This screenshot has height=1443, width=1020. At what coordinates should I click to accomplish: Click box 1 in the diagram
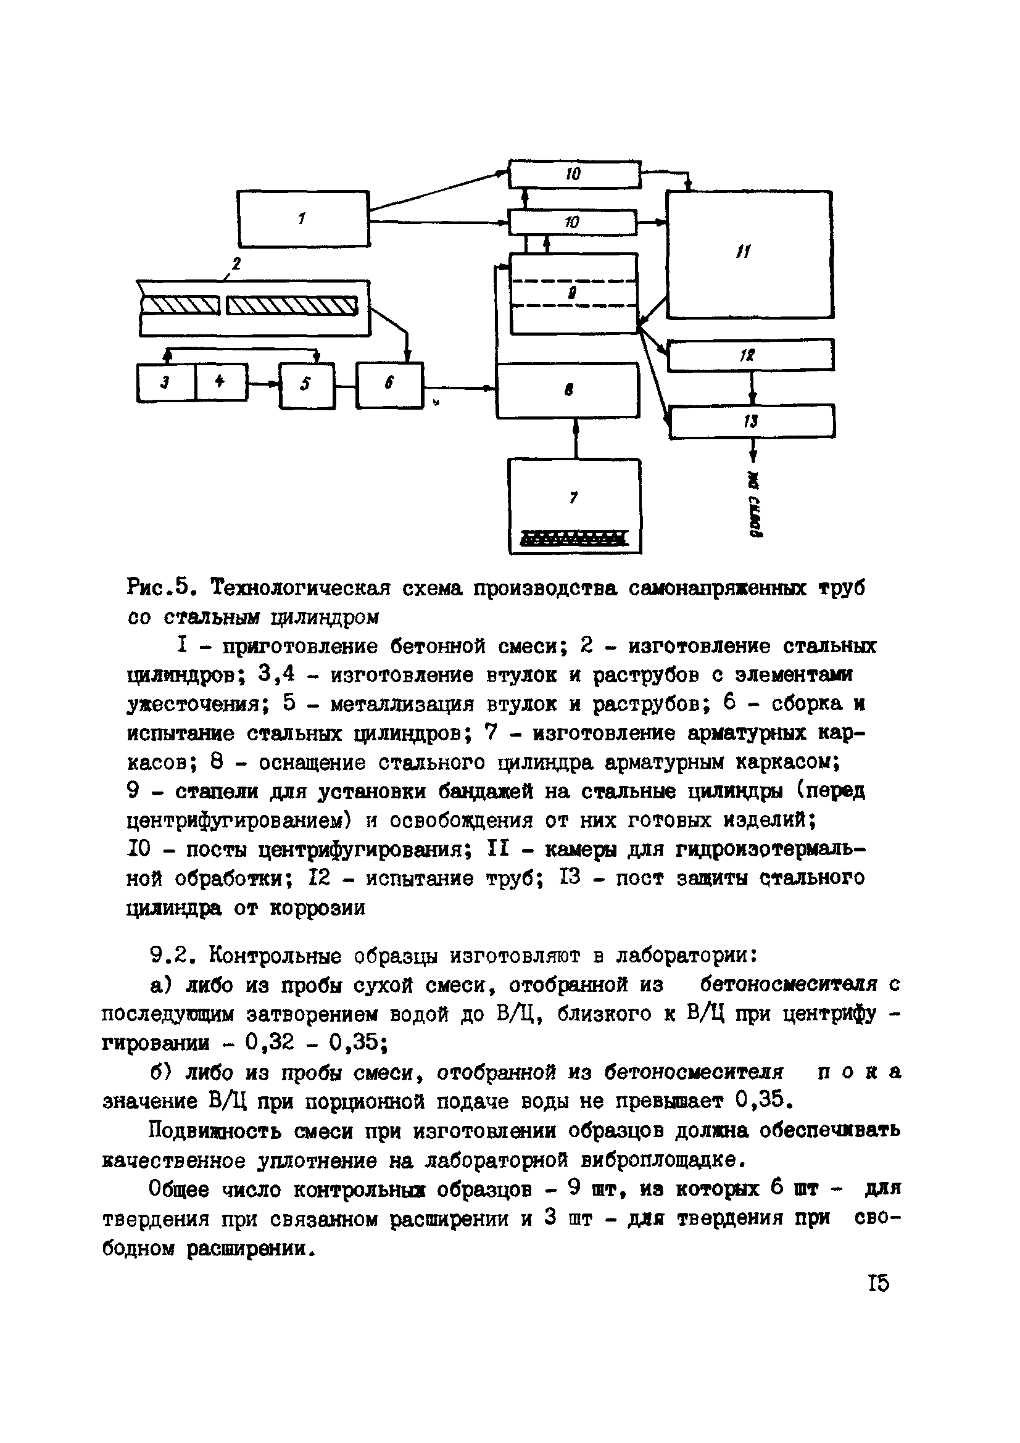pos(303,219)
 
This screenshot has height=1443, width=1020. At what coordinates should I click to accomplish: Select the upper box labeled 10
pos(574,174)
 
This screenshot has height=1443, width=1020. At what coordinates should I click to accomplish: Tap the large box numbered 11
pos(749,254)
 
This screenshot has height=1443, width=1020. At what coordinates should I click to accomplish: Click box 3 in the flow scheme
pos(166,382)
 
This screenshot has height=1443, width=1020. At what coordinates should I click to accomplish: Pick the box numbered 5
pos(307,384)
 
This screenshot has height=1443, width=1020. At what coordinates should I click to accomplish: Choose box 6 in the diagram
pos(389,384)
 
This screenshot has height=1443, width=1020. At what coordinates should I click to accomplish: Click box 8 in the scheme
pos(568,391)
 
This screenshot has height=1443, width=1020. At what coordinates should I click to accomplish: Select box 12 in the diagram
pos(750,355)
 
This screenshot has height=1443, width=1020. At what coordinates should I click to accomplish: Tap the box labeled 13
pos(752,421)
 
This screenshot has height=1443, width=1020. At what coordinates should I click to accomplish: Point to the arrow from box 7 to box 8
pos(574,438)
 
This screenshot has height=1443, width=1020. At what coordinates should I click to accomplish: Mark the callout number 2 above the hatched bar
pos(237,263)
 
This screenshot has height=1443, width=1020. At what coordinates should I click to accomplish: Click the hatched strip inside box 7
pos(574,537)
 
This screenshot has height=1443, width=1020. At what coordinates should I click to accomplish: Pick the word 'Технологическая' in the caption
pos(301,589)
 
